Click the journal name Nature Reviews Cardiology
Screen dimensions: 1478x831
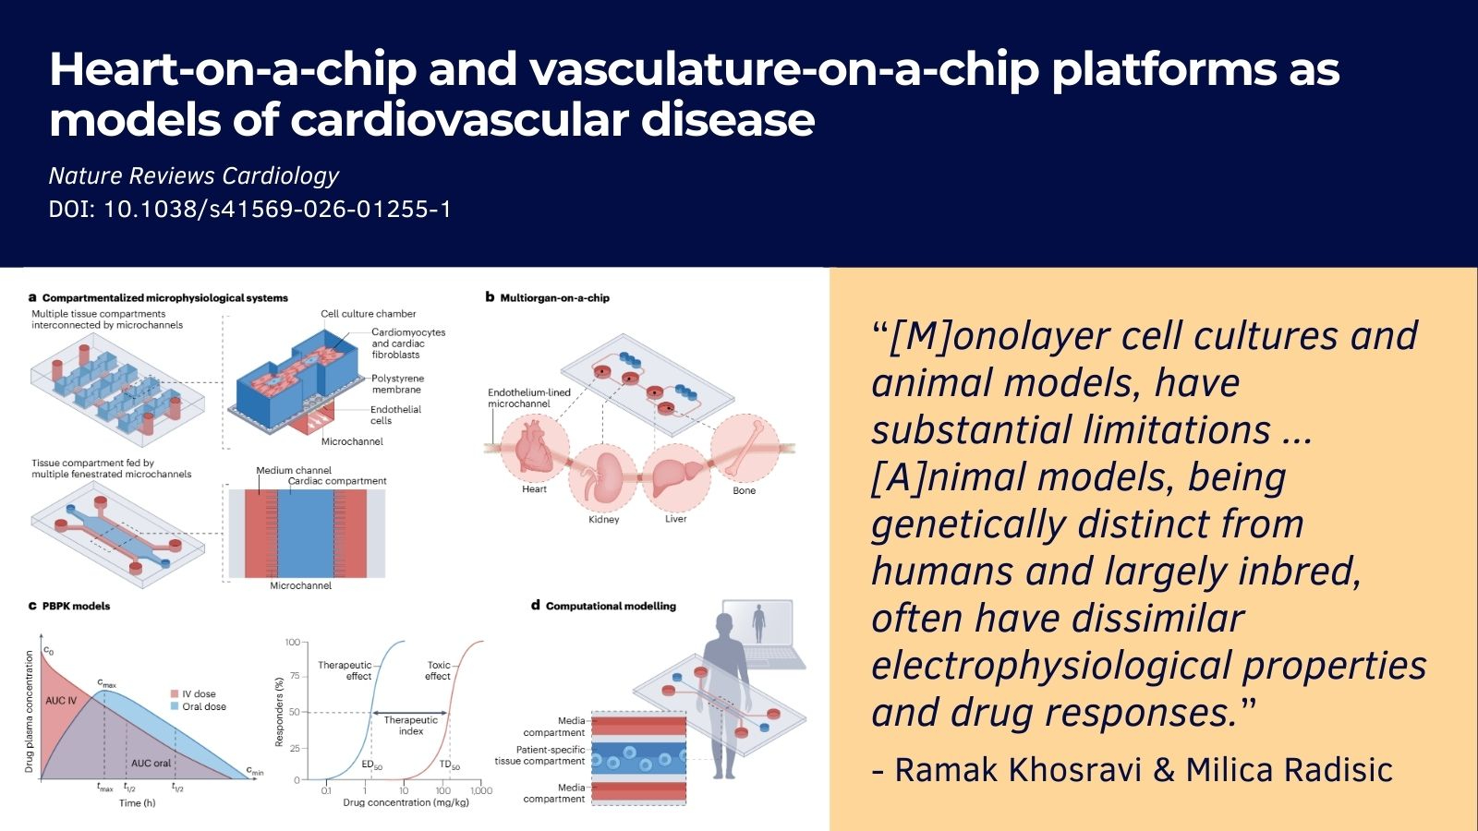pyautogui.click(x=193, y=176)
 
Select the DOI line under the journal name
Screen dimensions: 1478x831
pyautogui.click(x=250, y=209)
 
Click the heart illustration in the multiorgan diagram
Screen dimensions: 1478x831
pyautogui.click(x=535, y=449)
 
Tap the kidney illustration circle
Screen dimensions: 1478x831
pyautogui.click(x=604, y=479)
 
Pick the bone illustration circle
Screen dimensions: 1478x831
pyautogui.click(x=745, y=449)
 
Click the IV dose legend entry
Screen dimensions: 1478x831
pyautogui.click(x=193, y=693)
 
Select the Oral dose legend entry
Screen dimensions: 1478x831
pyautogui.click(x=199, y=706)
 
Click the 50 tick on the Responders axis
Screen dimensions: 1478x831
pyautogui.click(x=294, y=712)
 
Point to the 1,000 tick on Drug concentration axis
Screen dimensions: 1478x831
pyautogui.click(x=481, y=790)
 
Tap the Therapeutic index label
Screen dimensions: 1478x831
pyautogui.click(x=410, y=726)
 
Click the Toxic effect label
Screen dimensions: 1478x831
pyautogui.click(x=438, y=670)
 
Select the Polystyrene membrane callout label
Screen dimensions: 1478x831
pyautogui.click(x=397, y=384)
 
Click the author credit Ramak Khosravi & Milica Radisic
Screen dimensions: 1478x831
pyautogui.click(x=1133, y=770)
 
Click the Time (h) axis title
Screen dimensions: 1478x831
pyautogui.click(x=138, y=802)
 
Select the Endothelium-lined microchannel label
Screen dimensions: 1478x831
pyautogui.click(x=529, y=398)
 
